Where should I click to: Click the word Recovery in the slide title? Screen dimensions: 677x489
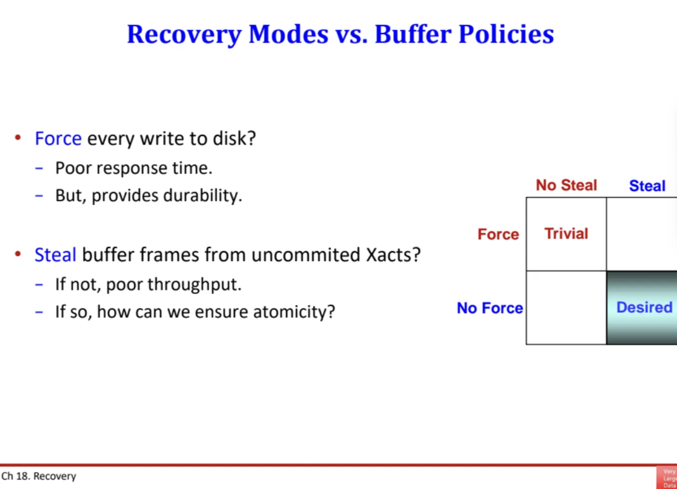184,35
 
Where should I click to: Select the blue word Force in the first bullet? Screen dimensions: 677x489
58,139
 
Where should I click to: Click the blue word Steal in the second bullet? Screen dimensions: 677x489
55,254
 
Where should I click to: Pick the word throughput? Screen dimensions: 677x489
194,284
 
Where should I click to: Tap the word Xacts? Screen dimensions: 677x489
393,254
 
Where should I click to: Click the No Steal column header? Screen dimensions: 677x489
566,185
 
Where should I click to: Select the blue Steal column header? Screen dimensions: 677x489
647,186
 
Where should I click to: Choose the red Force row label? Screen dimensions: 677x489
498,235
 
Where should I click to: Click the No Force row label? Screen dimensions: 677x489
490,308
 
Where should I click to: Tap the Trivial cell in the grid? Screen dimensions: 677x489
566,234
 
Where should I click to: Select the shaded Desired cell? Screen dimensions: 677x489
642,307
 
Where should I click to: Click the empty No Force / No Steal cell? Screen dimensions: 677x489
566,307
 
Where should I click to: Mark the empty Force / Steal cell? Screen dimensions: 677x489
642,234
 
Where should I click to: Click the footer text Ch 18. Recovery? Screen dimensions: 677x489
38,476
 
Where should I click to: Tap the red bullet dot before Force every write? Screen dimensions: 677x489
18,138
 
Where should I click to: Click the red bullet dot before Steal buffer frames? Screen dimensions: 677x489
18,254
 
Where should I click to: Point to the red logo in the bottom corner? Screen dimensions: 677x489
666,477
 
